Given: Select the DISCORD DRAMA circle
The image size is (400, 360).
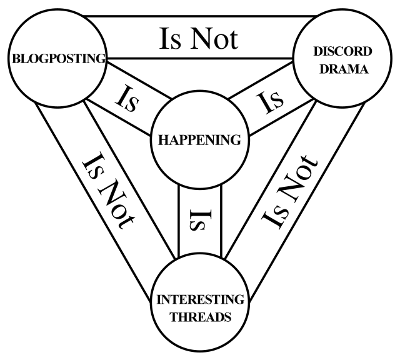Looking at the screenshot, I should (x=334, y=60).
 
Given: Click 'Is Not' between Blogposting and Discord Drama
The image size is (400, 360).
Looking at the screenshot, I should (x=199, y=38).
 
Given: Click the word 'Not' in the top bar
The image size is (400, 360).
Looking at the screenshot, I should (x=214, y=38).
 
